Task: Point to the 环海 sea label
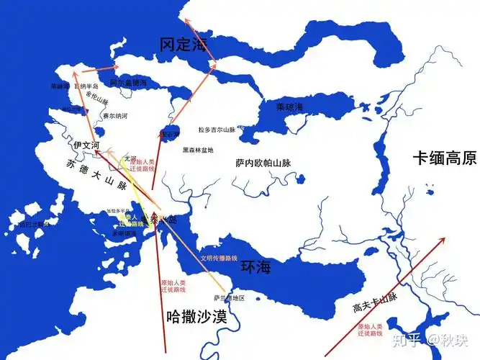click(x=255, y=268)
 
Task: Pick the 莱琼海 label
click(x=290, y=107)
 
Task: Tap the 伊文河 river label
click(x=86, y=145)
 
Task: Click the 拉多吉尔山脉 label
click(x=217, y=130)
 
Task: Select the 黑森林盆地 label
click(x=198, y=150)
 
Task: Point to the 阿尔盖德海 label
click(x=127, y=83)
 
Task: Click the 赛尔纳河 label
click(x=114, y=115)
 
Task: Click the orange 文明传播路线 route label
click(x=219, y=258)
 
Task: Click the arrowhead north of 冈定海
click(x=186, y=21)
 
